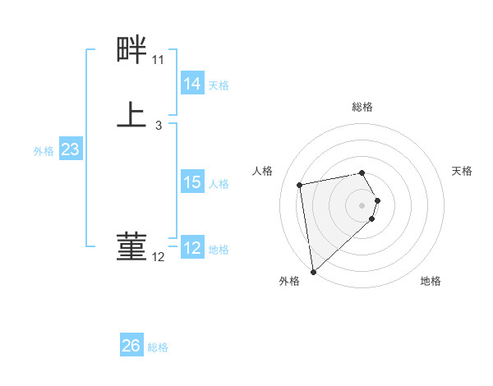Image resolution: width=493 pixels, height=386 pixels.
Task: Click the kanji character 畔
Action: (131, 51)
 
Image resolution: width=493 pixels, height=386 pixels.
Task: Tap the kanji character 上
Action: (131, 114)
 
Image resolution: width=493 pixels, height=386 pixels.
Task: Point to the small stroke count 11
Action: (158, 60)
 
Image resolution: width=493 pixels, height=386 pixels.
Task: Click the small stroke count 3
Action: (158, 126)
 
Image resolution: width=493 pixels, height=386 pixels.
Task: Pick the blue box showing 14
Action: (192, 84)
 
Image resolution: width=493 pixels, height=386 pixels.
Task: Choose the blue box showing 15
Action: (192, 183)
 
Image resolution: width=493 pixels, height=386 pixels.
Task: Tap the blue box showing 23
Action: (70, 150)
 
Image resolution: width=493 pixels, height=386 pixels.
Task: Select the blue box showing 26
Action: (131, 346)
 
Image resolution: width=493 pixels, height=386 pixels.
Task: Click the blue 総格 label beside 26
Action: (158, 347)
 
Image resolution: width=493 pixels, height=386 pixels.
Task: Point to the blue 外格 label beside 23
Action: (44, 151)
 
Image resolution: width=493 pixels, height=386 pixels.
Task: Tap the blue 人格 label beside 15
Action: (219, 184)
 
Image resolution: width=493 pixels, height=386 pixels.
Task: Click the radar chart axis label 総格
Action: (362, 107)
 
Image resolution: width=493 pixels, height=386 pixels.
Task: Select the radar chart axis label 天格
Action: (463, 171)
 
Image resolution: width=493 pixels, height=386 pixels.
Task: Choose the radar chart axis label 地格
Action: (431, 281)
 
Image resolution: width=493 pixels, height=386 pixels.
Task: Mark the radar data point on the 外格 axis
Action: (312, 271)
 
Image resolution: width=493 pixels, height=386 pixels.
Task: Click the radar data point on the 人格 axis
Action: (300, 184)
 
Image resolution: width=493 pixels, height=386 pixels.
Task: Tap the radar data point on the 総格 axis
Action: (362, 172)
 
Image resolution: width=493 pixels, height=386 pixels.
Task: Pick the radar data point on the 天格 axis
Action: (377, 200)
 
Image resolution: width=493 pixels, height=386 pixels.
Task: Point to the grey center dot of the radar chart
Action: (362, 204)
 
